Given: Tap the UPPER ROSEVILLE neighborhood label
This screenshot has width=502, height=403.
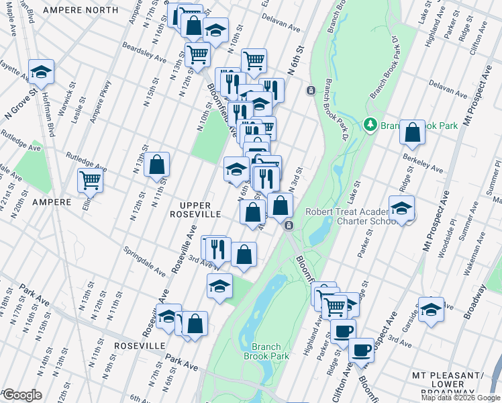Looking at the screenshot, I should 195,209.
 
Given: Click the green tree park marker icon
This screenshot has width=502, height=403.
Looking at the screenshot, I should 369,124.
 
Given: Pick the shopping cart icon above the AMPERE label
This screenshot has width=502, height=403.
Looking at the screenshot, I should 91,179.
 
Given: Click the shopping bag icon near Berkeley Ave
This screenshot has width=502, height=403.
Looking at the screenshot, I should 412,132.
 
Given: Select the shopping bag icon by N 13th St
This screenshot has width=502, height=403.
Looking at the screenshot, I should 156,164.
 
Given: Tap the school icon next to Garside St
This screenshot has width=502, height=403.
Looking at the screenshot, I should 431,309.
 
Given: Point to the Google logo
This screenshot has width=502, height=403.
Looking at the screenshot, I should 21,395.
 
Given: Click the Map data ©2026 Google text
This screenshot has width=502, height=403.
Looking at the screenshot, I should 460,398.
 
